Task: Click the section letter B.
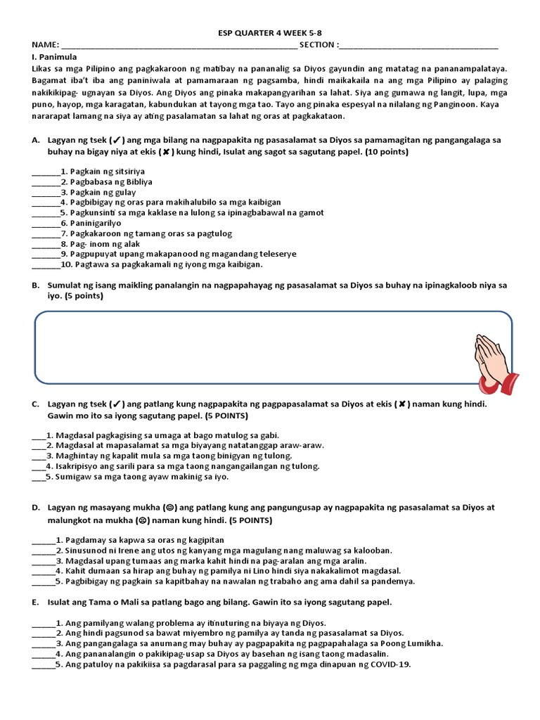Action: tap(35, 285)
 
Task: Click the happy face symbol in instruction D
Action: tap(169, 507)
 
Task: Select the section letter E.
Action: tap(35, 603)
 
